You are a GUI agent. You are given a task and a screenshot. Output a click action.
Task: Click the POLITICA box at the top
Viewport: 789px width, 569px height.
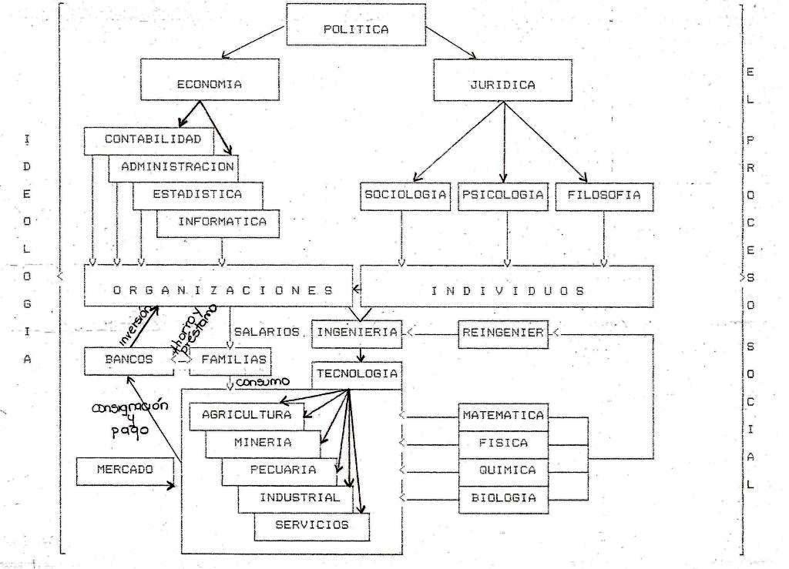[x=355, y=29]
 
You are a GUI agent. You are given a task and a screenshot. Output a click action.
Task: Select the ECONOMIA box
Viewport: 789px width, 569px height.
[x=208, y=85]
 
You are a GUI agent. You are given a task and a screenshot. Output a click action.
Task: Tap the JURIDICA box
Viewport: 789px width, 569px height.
[x=502, y=85]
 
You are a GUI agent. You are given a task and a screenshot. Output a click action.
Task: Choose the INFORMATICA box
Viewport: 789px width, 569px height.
[x=222, y=222]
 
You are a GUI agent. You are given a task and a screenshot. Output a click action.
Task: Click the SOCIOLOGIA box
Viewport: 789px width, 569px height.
[x=405, y=195]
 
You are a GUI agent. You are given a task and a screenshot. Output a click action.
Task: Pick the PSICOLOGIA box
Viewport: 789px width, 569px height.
[x=502, y=195]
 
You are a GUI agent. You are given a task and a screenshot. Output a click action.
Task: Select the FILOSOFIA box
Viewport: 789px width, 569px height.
[x=603, y=195]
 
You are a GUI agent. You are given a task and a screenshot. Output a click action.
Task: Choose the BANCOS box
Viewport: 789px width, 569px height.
[x=129, y=359]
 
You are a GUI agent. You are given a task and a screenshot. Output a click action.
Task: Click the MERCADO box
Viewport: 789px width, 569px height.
[x=125, y=469]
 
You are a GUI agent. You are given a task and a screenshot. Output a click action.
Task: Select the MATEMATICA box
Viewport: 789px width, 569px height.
[x=503, y=415]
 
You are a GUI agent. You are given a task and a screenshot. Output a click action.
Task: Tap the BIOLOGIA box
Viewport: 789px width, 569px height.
[x=503, y=497]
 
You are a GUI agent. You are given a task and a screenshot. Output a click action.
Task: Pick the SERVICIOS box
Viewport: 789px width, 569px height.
[x=311, y=525]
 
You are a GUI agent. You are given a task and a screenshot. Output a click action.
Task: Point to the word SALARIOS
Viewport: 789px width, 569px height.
[x=266, y=331]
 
